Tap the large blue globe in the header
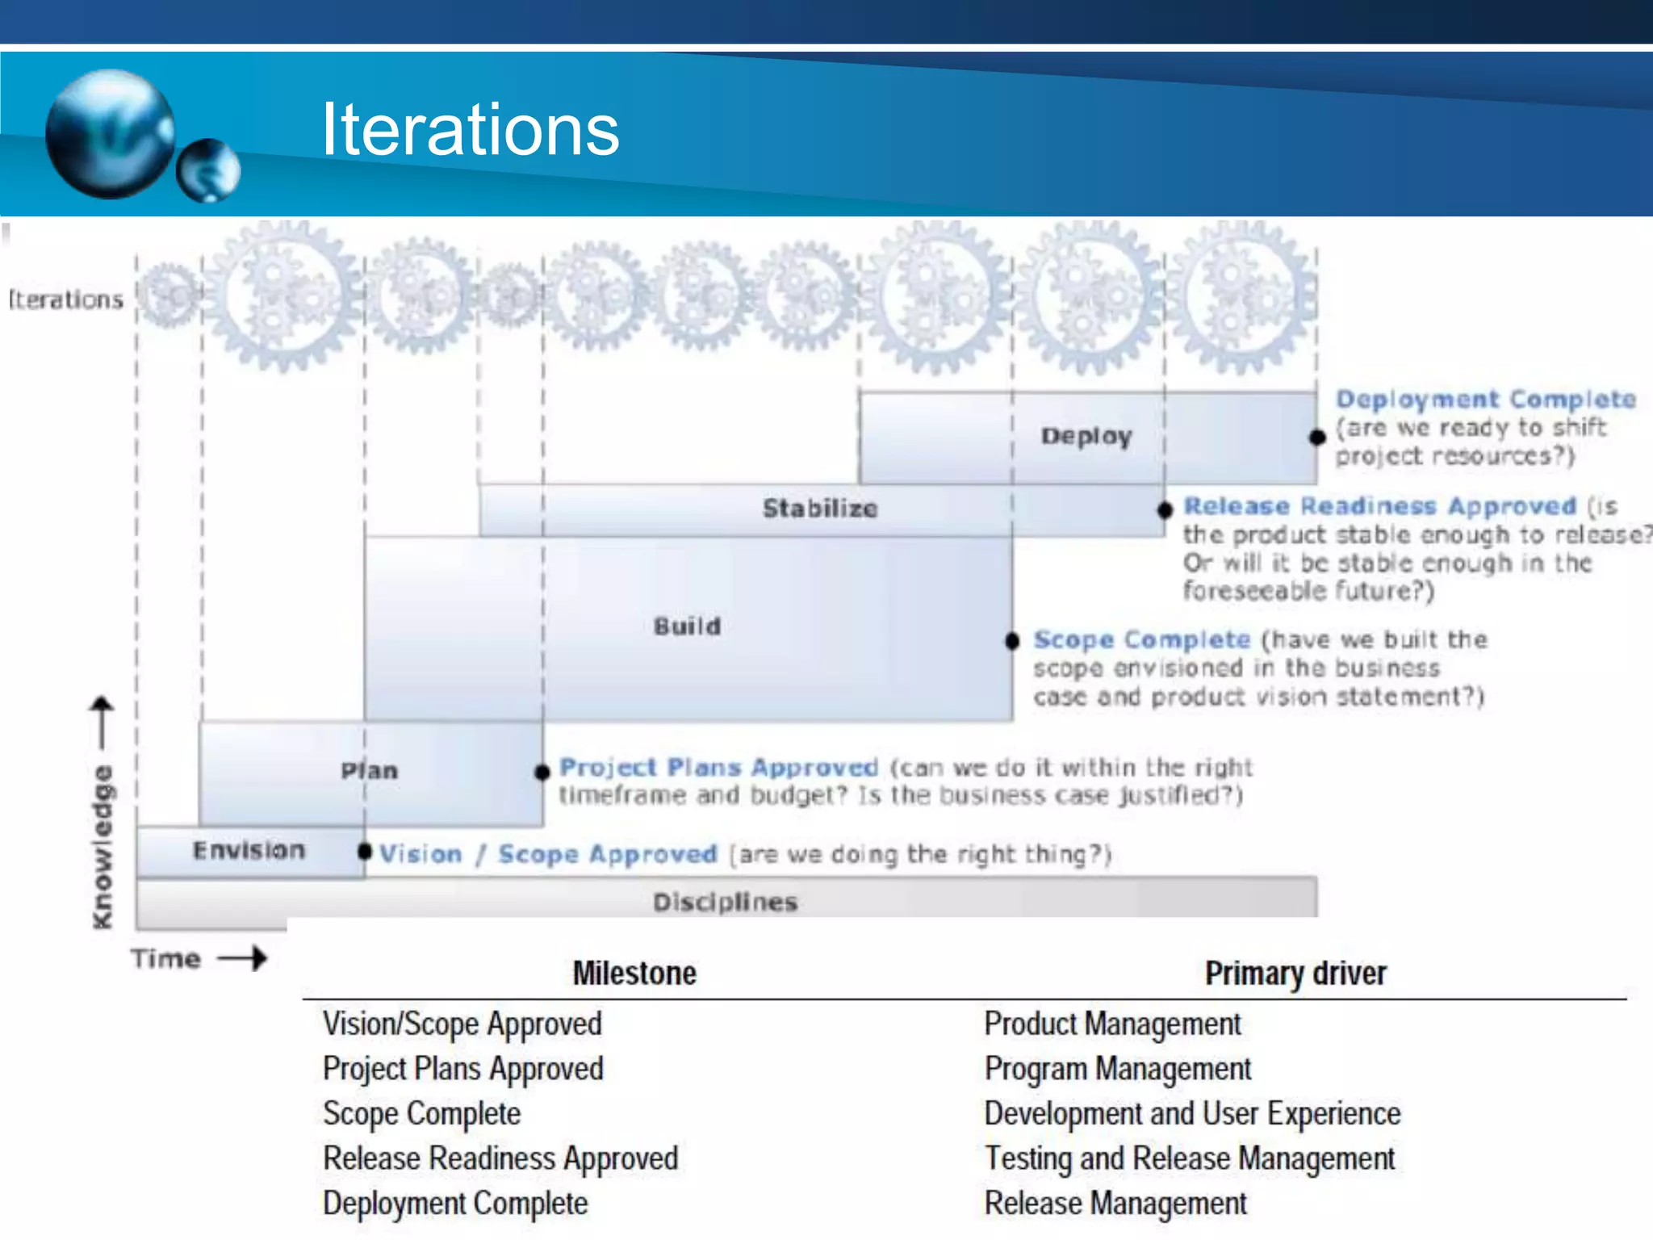110,134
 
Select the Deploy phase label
1086,436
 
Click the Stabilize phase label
820,509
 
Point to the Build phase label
687,626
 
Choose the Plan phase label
370,770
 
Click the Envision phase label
249,850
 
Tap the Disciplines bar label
725,902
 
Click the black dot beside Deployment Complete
1317,438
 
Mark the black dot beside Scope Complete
1012,641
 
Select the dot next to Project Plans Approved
542,773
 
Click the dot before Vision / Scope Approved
365,852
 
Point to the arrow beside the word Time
243,958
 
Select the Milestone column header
634,974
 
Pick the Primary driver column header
1295,974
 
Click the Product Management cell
1112,1024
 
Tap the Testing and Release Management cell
1190,1158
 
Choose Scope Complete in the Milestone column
422,1114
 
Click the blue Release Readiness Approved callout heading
1379,506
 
